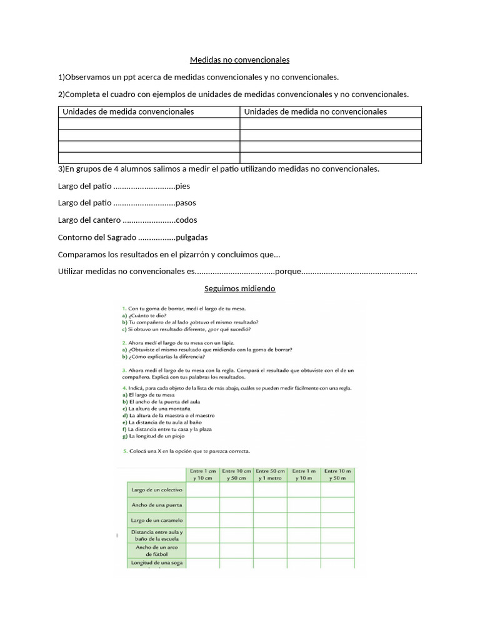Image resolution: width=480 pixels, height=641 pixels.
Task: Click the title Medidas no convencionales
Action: pos(240,60)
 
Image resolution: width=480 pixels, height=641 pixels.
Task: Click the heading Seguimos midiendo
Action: pos(240,289)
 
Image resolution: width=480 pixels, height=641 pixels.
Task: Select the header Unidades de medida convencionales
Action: pos(128,111)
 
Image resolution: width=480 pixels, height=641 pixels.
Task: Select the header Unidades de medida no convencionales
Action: pos(315,111)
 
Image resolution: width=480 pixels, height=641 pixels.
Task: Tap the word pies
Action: pos(183,186)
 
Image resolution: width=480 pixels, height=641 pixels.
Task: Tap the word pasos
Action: pos(186,203)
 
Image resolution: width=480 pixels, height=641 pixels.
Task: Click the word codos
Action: pos(187,220)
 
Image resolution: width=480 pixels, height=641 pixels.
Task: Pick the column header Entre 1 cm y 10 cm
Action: pos(202,474)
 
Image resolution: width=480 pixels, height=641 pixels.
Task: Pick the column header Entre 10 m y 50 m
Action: pos(337,474)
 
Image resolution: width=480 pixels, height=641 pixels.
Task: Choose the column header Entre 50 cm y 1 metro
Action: pos(270,474)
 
